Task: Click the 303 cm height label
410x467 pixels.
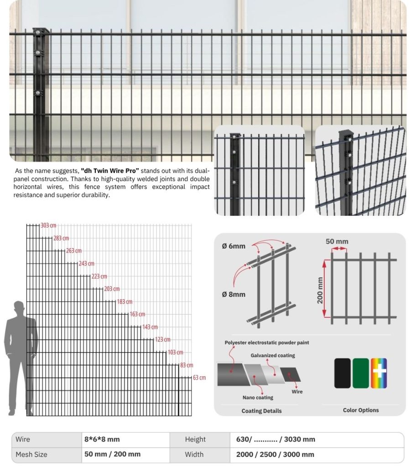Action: tap(48, 226)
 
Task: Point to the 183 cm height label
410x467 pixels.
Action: tap(125, 302)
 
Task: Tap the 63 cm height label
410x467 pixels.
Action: tap(199, 378)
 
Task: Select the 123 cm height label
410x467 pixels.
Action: tap(162, 340)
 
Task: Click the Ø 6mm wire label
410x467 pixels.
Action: tap(234, 246)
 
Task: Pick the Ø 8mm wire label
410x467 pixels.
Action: tap(234, 294)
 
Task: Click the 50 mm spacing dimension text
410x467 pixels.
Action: tap(337, 241)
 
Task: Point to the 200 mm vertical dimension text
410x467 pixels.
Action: tap(320, 290)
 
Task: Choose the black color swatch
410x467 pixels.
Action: tap(342, 373)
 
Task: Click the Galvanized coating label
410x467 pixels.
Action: tap(273, 355)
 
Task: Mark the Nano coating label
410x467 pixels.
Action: tap(258, 398)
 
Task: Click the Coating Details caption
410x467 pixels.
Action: tap(261, 411)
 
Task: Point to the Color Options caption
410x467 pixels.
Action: tap(361, 410)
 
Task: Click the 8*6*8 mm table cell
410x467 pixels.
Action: tap(102, 439)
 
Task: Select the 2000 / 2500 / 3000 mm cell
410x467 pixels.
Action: tap(275, 454)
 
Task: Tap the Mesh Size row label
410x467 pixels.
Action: tap(31, 454)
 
